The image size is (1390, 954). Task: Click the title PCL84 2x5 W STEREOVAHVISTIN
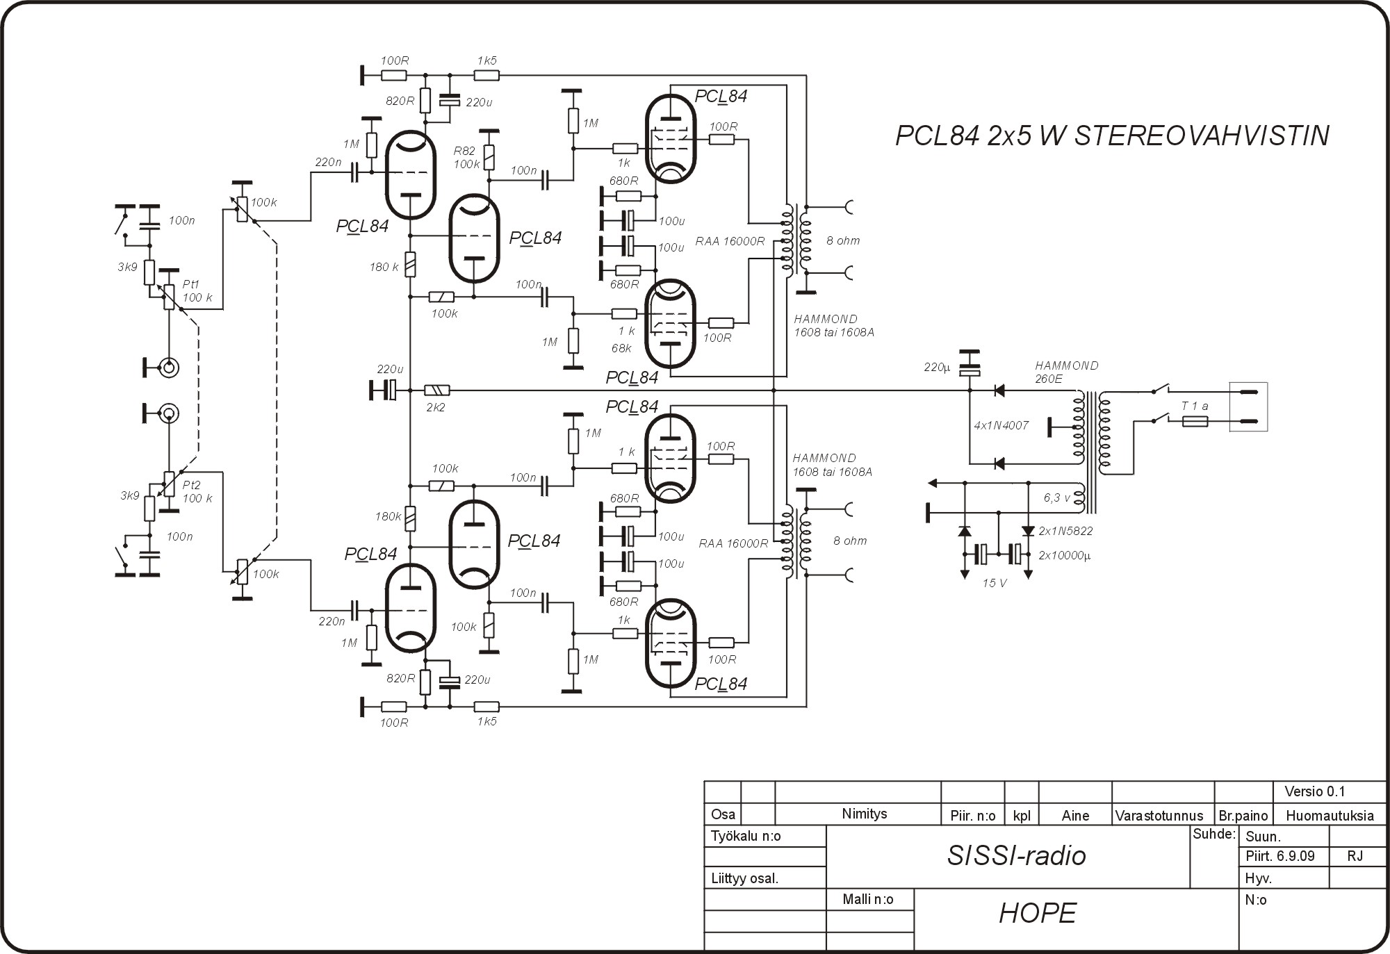pyautogui.click(x=1112, y=135)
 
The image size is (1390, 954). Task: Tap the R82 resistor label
pyautogui.click(x=464, y=151)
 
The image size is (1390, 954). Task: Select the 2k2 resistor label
pyautogui.click(x=435, y=407)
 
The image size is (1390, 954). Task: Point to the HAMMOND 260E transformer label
pyautogui.click(x=1066, y=372)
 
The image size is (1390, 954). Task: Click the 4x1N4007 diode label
pyautogui.click(x=1001, y=425)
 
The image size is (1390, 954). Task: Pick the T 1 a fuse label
pyautogui.click(x=1195, y=406)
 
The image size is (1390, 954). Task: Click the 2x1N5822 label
pyautogui.click(x=1065, y=531)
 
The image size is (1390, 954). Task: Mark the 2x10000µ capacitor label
pyautogui.click(x=1064, y=556)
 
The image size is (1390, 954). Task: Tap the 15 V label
pyautogui.click(x=995, y=583)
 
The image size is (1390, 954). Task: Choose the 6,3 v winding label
pyautogui.click(x=1057, y=497)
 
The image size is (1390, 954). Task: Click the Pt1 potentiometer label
pyautogui.click(x=191, y=284)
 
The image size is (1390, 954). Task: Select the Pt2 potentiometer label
pyautogui.click(x=191, y=485)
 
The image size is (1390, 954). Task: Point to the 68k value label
pyautogui.click(x=621, y=348)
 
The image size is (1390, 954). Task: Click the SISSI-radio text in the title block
pyautogui.click(x=1016, y=856)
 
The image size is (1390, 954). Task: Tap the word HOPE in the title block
pyautogui.click(x=1038, y=913)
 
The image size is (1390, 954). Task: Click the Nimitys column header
pyautogui.click(x=865, y=814)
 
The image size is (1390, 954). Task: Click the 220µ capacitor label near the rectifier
pyautogui.click(x=937, y=367)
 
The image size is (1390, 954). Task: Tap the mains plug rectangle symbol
pyautogui.click(x=1248, y=406)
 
